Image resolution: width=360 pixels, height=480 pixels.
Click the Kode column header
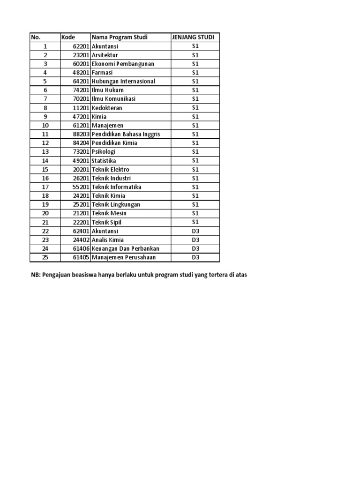68,37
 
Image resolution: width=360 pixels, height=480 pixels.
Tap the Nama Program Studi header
120,37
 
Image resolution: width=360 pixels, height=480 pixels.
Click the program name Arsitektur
105,55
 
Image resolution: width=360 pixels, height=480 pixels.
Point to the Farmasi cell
102,73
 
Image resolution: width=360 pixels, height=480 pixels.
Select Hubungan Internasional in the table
123,81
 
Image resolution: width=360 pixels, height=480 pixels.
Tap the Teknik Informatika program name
117,187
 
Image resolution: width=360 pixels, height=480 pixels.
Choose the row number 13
45,152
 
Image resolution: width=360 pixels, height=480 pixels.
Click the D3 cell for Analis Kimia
195,240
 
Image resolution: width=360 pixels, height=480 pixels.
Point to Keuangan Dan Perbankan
126,248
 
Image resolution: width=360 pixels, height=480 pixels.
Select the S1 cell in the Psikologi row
195,152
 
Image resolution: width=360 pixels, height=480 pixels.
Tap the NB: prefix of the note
36,275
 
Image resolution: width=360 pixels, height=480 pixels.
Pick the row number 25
45,257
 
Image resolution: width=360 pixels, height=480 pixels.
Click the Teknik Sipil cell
106,222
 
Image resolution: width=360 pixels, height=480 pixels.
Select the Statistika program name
104,161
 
